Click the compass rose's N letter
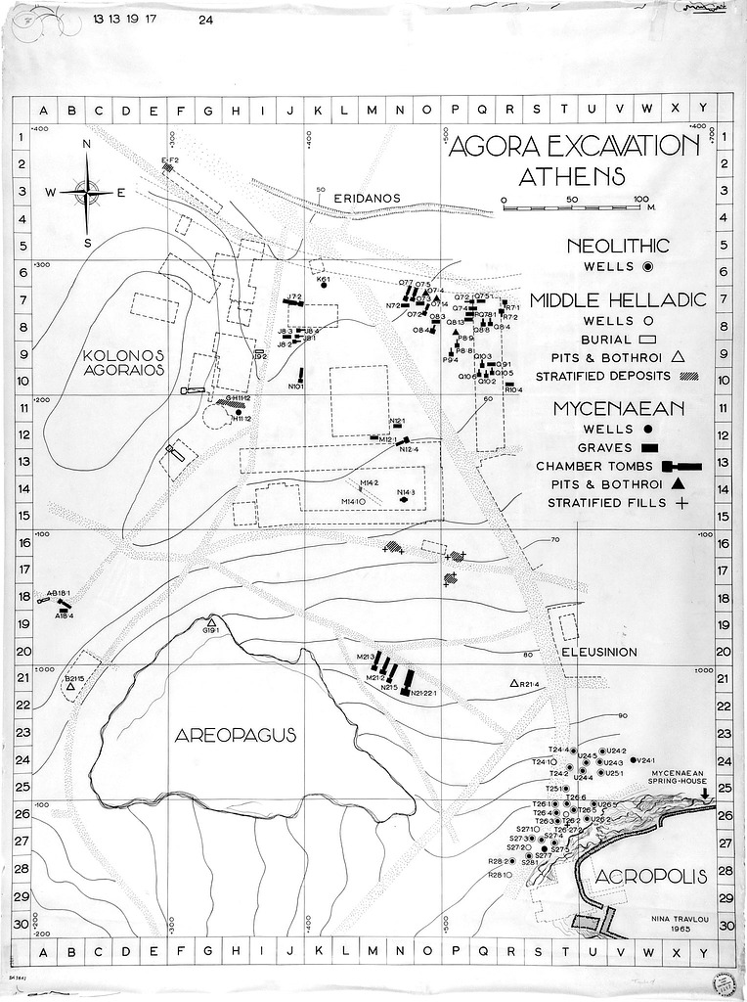pyautogui.click(x=86, y=145)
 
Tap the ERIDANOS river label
pyautogui.click(x=367, y=198)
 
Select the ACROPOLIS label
pyautogui.click(x=650, y=877)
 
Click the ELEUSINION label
pyautogui.click(x=599, y=652)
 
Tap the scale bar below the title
pyautogui.click(x=572, y=206)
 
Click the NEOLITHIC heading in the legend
pyautogui.click(x=618, y=246)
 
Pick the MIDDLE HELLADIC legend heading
pyautogui.click(x=618, y=300)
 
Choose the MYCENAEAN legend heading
pyautogui.click(x=618, y=407)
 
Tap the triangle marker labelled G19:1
pyautogui.click(x=211, y=622)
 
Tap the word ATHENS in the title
pyautogui.click(x=572, y=177)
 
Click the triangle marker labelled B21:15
pyautogui.click(x=70, y=689)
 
